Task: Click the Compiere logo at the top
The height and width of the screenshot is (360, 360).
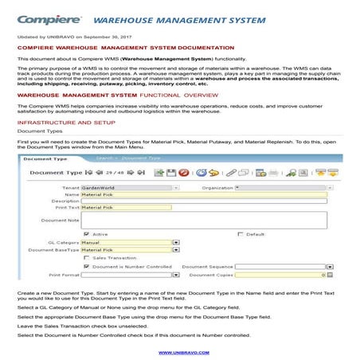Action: tap(49, 18)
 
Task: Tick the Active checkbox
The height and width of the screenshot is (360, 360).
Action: tap(86, 235)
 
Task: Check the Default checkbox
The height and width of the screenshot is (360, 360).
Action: tap(241, 235)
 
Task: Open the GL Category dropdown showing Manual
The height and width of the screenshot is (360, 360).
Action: tap(127, 243)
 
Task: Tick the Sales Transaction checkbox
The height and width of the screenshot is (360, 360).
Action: tap(86, 258)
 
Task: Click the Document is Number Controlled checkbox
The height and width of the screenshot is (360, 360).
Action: tap(86, 266)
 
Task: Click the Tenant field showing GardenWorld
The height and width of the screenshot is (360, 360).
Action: tap(127, 187)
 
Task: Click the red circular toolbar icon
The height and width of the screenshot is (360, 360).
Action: tap(183, 172)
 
